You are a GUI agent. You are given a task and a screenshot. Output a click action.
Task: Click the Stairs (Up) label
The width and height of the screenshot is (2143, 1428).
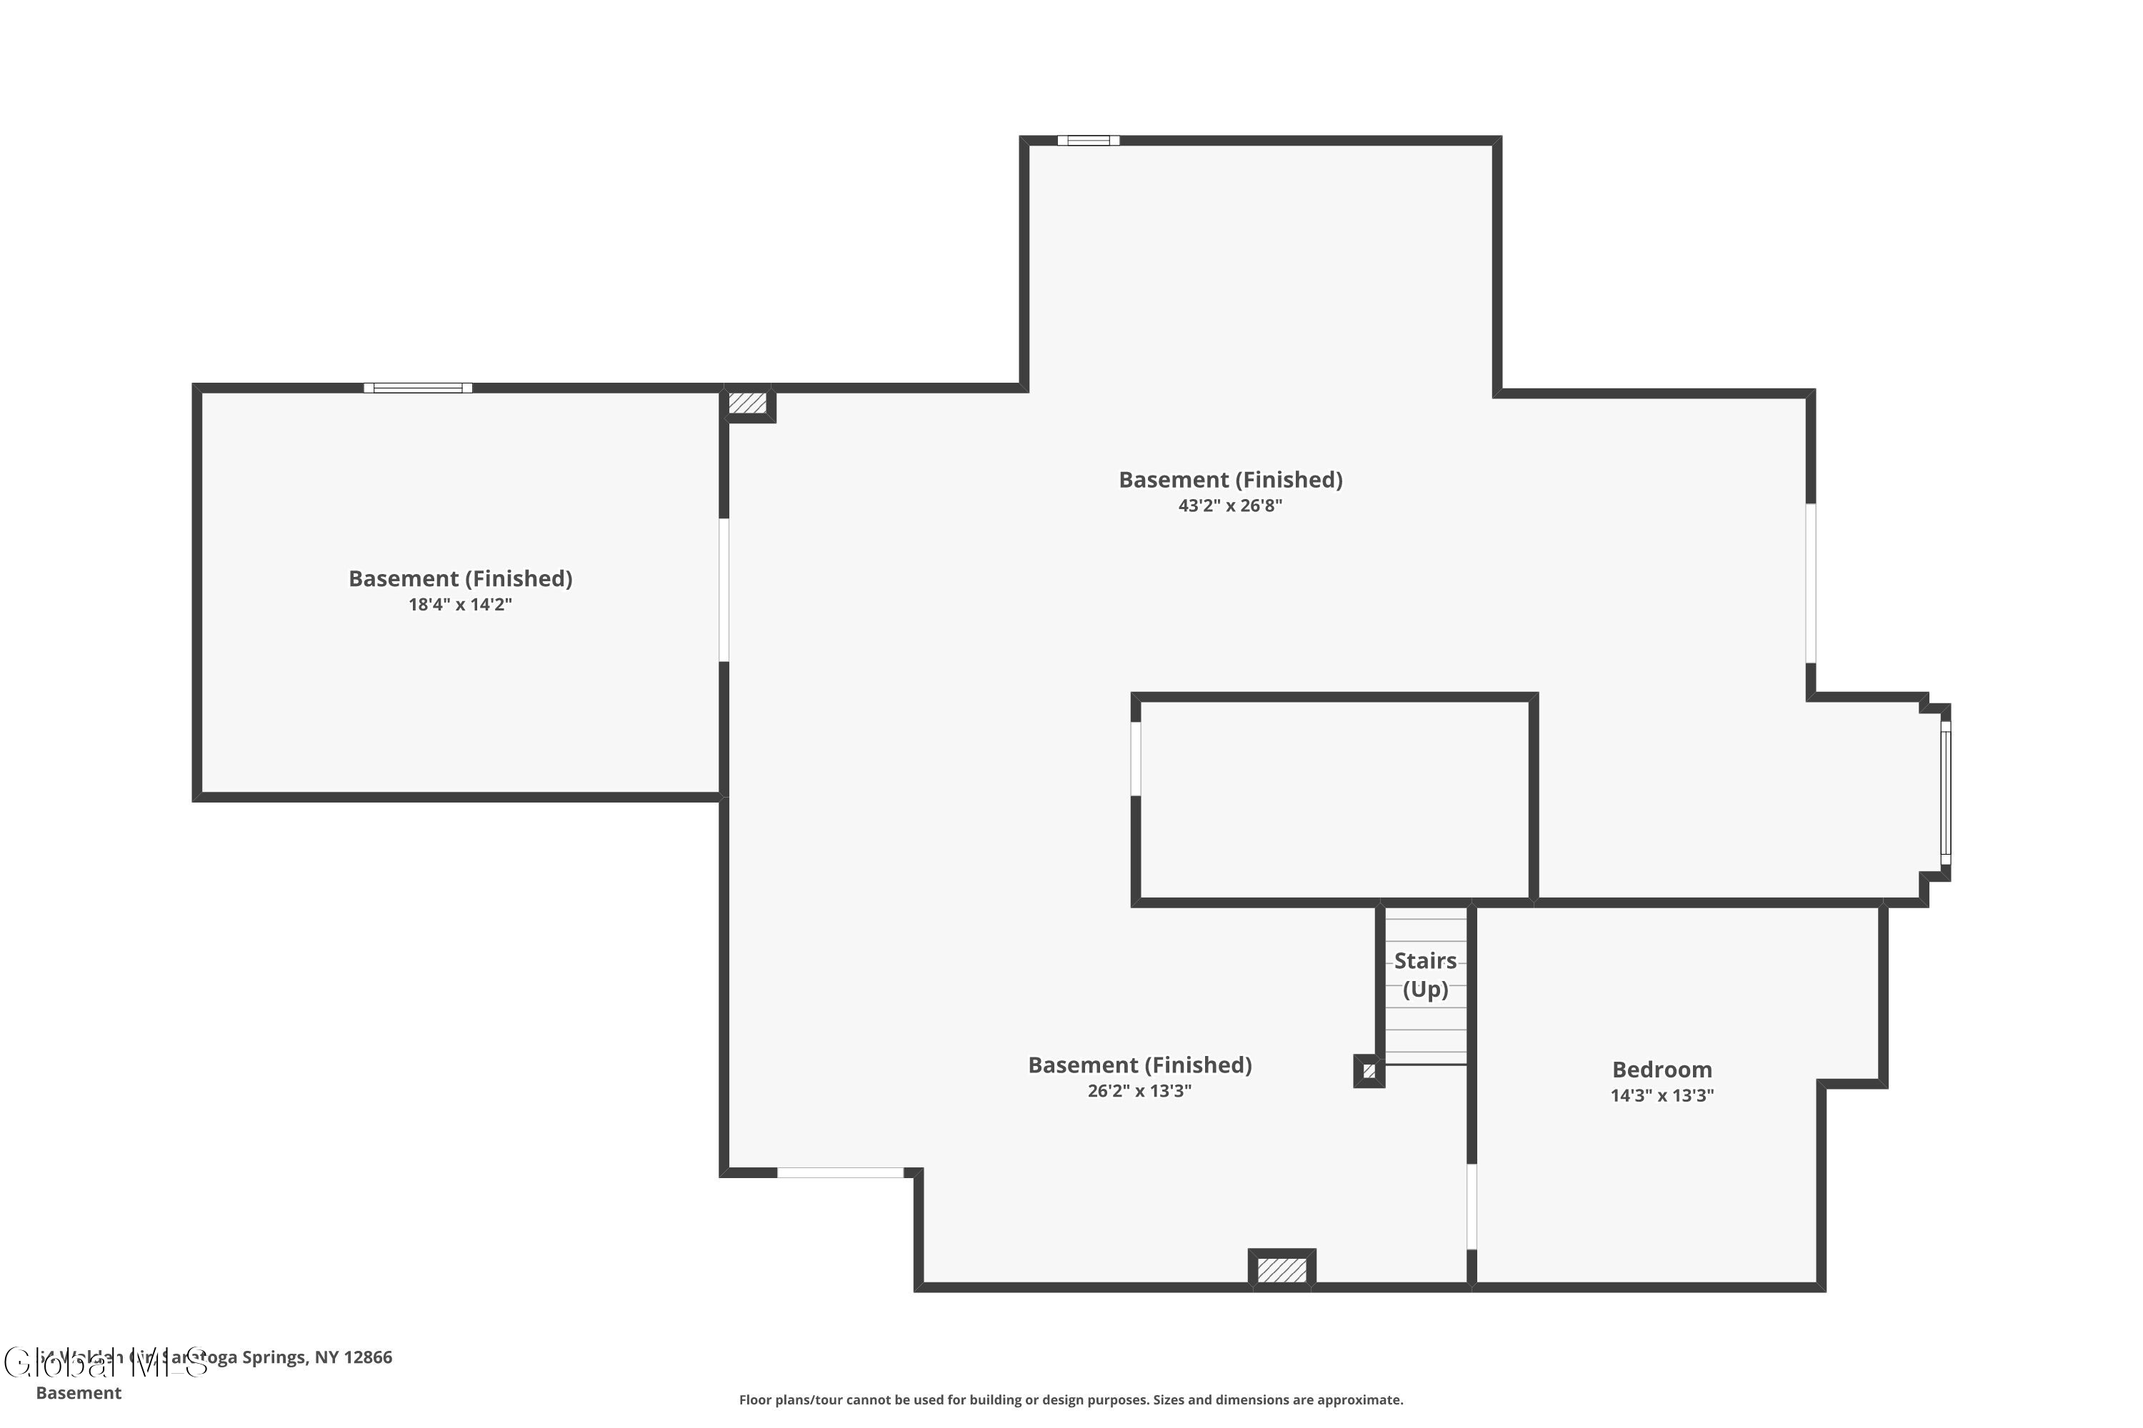pyautogui.click(x=1425, y=975)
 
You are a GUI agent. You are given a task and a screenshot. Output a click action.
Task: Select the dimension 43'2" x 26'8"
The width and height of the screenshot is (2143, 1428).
pyautogui.click(x=1230, y=506)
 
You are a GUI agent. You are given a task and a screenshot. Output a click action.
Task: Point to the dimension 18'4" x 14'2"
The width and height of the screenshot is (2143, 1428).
pyautogui.click(x=460, y=605)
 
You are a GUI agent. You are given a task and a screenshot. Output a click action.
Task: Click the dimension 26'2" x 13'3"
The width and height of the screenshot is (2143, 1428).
pyautogui.click(x=1139, y=1091)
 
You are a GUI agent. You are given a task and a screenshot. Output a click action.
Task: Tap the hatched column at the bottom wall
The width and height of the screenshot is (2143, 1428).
pyautogui.click(x=1281, y=1269)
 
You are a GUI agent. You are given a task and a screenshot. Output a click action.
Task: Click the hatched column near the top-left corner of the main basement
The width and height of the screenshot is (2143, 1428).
pyautogui.click(x=747, y=403)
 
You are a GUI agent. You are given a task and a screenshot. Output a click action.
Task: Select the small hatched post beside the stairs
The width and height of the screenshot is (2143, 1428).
pyautogui.click(x=1369, y=1071)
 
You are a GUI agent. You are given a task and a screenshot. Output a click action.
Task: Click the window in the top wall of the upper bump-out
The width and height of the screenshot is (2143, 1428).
pyautogui.click(x=1088, y=140)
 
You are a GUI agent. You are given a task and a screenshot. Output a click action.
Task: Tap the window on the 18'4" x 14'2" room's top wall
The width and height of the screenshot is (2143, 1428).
pyautogui.click(x=417, y=388)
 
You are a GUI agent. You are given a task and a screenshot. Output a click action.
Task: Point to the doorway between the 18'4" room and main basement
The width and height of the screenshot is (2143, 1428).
pyautogui.click(x=724, y=590)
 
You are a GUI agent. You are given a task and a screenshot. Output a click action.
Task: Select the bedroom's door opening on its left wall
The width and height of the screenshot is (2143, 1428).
pyautogui.click(x=1472, y=1206)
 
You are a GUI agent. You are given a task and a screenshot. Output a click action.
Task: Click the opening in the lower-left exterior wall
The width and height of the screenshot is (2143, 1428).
pyautogui.click(x=840, y=1173)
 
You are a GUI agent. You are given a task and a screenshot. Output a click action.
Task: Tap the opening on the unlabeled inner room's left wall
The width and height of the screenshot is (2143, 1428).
pyautogui.click(x=1135, y=758)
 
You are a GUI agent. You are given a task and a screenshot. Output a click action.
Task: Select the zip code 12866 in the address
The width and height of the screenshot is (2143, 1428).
pyautogui.click(x=367, y=1357)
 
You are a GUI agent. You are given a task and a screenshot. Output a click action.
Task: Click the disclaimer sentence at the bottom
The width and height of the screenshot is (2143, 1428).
pyautogui.click(x=1071, y=1399)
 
